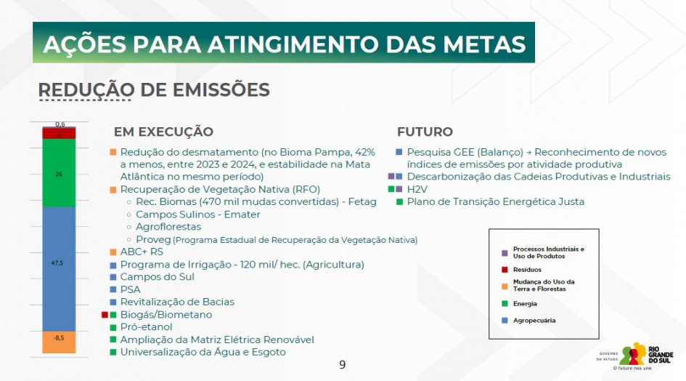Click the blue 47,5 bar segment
click(59, 269)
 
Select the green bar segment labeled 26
click(59, 173)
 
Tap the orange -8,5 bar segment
click(59, 341)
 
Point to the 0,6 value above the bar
click(60, 124)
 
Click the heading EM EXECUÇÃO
click(163, 132)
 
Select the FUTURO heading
click(425, 132)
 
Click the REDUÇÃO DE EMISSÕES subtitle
click(153, 90)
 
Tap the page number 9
click(343, 364)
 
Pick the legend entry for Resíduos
click(527, 269)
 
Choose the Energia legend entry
click(526, 303)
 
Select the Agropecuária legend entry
click(534, 320)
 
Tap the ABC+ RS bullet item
click(142, 252)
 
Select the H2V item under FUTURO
click(417, 189)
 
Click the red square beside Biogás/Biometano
click(105, 315)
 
